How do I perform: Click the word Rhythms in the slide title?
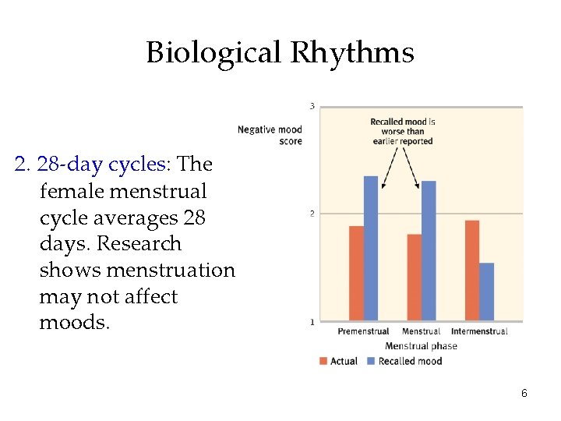click(352, 53)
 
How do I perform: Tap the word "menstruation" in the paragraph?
click(170, 271)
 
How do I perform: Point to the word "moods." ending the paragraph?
click(75, 323)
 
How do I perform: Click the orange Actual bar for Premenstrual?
click(356, 273)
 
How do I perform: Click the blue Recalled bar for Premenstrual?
click(371, 248)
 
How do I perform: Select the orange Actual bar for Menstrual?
click(414, 277)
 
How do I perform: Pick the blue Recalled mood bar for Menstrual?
click(429, 250)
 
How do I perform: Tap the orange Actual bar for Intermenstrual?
click(471, 270)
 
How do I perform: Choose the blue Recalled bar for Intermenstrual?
click(486, 292)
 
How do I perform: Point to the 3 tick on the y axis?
click(312, 106)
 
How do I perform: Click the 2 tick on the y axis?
click(312, 214)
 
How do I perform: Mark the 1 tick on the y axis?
click(312, 321)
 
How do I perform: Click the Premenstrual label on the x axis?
click(363, 331)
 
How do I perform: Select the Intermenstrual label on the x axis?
click(479, 331)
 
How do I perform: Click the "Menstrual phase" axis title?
click(422, 346)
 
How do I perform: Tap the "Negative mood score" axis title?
click(270, 135)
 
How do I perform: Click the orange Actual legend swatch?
click(323, 361)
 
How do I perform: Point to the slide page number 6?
click(524, 394)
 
